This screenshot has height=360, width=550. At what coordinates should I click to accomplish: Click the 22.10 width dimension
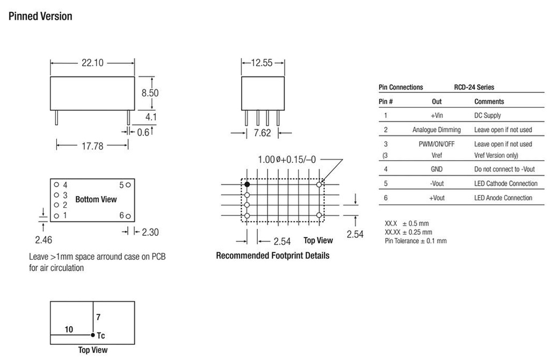(92, 63)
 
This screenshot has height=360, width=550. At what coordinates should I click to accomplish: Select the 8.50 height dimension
(150, 92)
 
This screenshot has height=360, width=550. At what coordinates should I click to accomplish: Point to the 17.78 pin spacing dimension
(92, 146)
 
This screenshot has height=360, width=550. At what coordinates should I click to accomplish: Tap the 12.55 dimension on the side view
(263, 63)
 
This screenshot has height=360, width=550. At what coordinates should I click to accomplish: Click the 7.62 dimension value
(262, 133)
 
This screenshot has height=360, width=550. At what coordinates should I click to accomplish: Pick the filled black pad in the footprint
(247, 184)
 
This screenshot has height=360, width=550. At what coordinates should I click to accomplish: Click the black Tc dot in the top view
(92, 335)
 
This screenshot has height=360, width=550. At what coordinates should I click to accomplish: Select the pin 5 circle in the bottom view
(128, 185)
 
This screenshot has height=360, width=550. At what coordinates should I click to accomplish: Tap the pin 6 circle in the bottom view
(128, 215)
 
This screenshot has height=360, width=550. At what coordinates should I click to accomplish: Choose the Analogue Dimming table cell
(436, 129)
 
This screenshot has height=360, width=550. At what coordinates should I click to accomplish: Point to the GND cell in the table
(436, 169)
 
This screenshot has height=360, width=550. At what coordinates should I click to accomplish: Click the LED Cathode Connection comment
(505, 184)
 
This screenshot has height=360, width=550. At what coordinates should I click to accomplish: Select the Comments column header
(489, 102)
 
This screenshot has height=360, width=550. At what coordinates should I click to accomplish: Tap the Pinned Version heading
(40, 16)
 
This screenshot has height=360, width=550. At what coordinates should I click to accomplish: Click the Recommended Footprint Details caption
(272, 255)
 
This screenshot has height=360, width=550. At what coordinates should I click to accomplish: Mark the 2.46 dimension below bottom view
(44, 240)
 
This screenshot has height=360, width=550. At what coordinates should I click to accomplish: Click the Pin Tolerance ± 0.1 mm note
(415, 241)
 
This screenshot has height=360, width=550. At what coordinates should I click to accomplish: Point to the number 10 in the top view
(69, 329)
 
